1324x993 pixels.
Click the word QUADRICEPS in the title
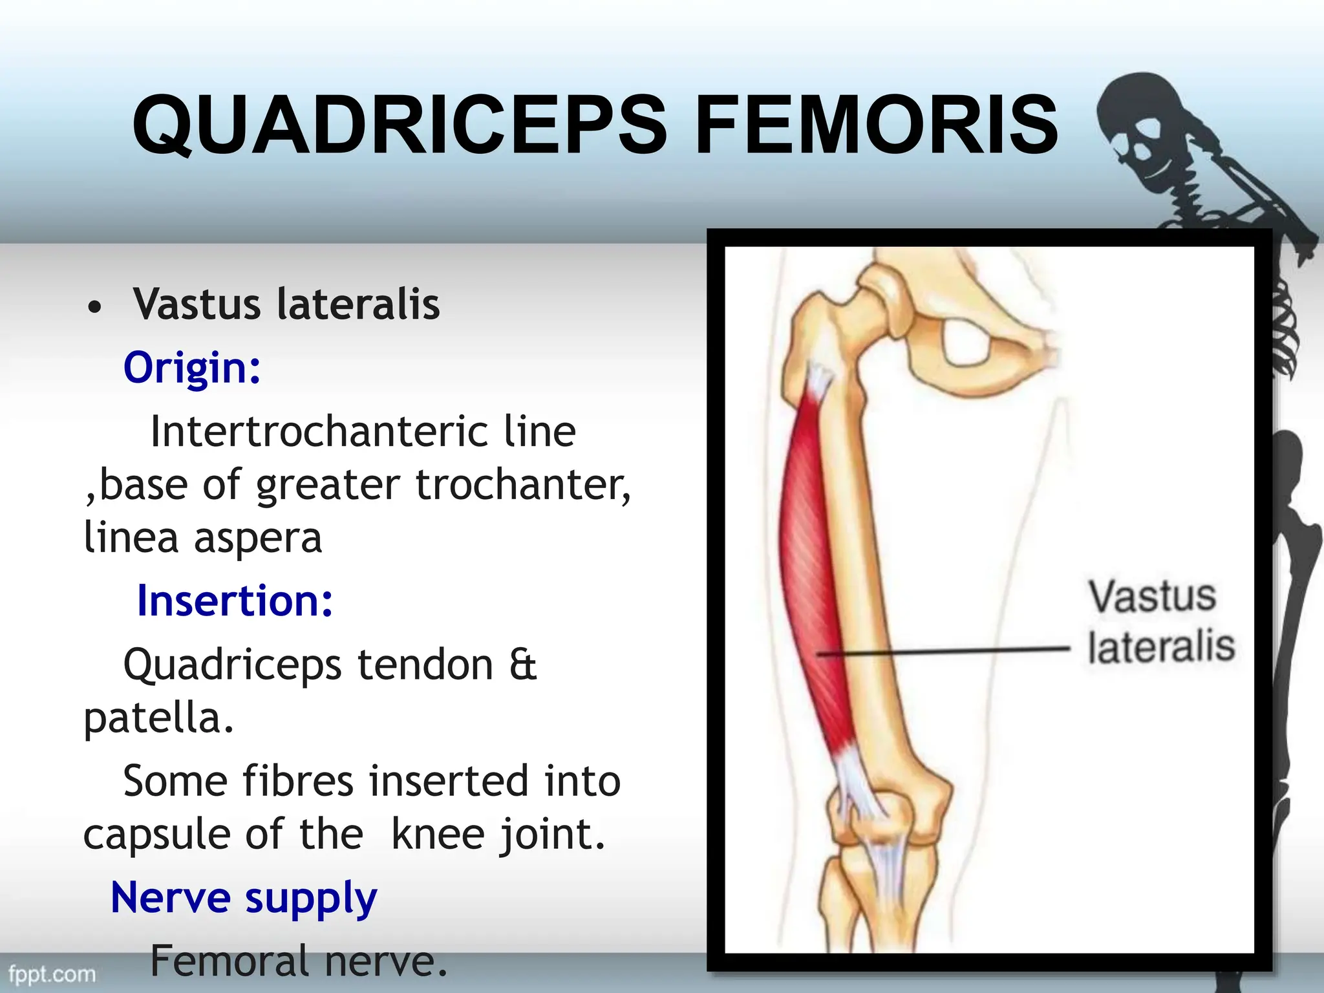click(399, 124)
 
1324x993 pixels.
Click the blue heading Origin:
click(192, 367)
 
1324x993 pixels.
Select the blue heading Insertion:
click(235, 601)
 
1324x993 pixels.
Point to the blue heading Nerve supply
click(244, 898)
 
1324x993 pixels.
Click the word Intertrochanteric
click(318, 431)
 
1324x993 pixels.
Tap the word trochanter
click(522, 484)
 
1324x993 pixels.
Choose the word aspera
click(257, 537)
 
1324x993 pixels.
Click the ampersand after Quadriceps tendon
click(523, 665)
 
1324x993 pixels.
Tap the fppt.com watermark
click(52, 974)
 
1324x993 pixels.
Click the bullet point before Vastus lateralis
click(94, 306)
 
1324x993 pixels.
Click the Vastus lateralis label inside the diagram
click(1160, 621)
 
